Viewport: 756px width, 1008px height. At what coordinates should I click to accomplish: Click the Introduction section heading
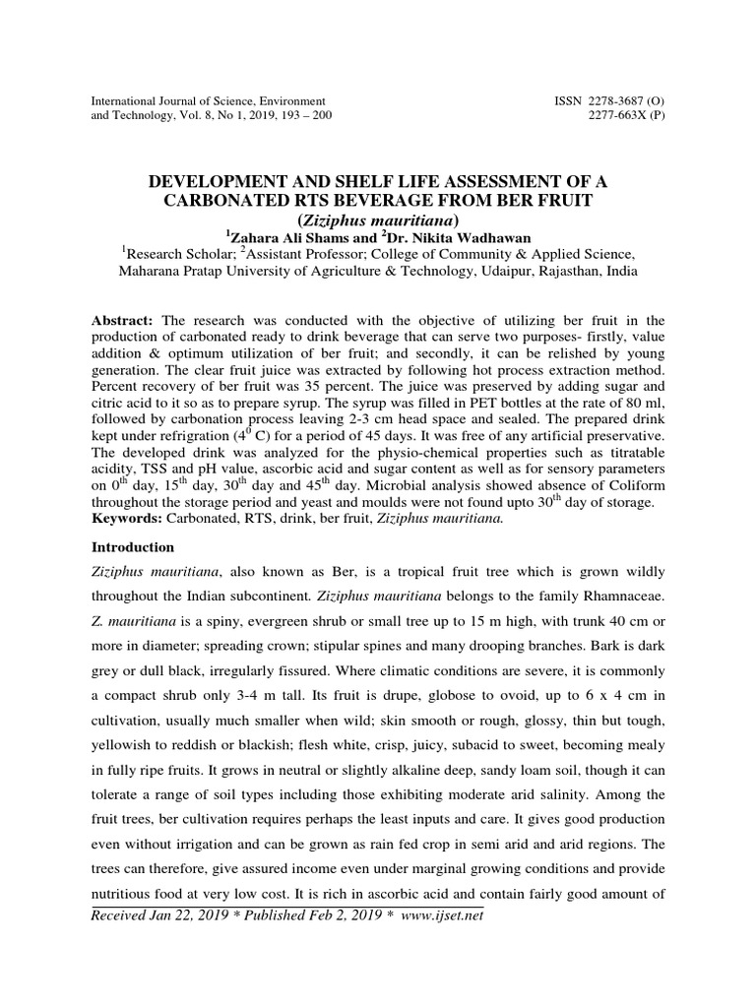click(x=133, y=546)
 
